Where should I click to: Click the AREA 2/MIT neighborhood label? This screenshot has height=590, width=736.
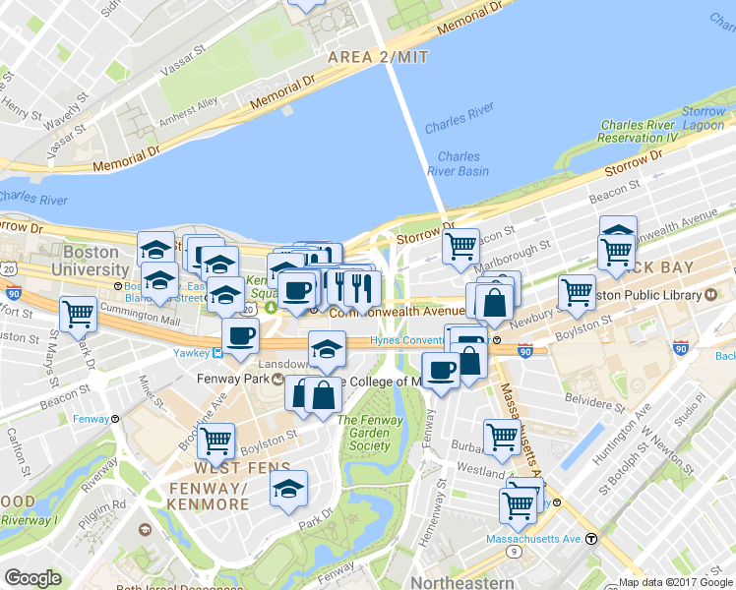tap(379, 57)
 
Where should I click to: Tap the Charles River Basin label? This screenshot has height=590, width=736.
tap(459, 163)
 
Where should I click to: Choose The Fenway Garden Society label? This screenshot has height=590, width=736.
tap(371, 433)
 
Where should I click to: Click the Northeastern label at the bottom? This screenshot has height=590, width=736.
tap(460, 582)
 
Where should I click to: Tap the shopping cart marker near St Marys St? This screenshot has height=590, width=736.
tap(78, 315)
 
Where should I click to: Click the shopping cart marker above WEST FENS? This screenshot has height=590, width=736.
tap(215, 441)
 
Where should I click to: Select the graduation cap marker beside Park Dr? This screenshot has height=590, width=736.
tap(288, 488)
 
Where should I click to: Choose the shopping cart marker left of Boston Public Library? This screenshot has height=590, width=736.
tap(577, 291)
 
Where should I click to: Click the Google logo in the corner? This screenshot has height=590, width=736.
tap(32, 578)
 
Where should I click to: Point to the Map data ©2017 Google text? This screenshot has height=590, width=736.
tap(676, 582)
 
